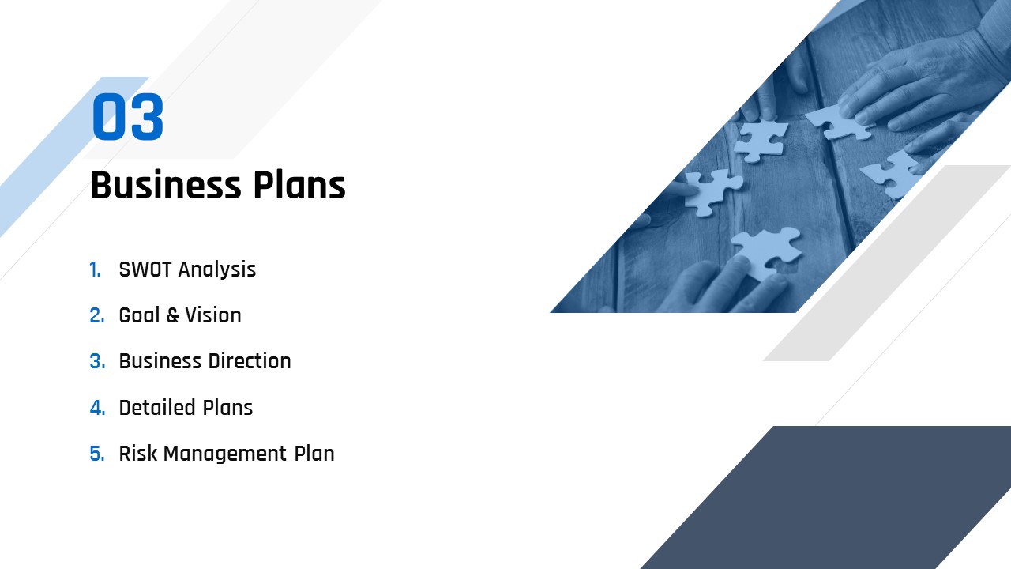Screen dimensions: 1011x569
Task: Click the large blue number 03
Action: [128, 116]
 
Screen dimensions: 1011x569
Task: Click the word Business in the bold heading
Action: [166, 185]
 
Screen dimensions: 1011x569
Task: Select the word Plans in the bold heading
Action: [299, 185]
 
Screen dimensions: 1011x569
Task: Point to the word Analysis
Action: [217, 270]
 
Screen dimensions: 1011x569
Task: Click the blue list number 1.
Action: [95, 270]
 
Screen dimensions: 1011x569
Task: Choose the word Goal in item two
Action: [139, 315]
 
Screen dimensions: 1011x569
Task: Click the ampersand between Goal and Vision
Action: [172, 315]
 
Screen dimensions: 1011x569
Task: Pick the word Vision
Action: [213, 315]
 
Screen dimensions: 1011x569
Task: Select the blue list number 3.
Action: [97, 361]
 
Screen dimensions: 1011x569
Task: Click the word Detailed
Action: [157, 407]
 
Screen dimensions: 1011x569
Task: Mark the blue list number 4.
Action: [97, 408]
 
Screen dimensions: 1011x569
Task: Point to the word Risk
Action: [137, 454]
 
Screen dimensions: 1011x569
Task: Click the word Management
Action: [225, 454]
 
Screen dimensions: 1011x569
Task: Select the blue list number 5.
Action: [96, 454]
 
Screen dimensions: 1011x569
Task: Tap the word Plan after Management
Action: [314, 454]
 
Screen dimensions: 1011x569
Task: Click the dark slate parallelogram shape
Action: [826, 497]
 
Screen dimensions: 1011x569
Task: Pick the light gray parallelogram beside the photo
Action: [887, 263]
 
